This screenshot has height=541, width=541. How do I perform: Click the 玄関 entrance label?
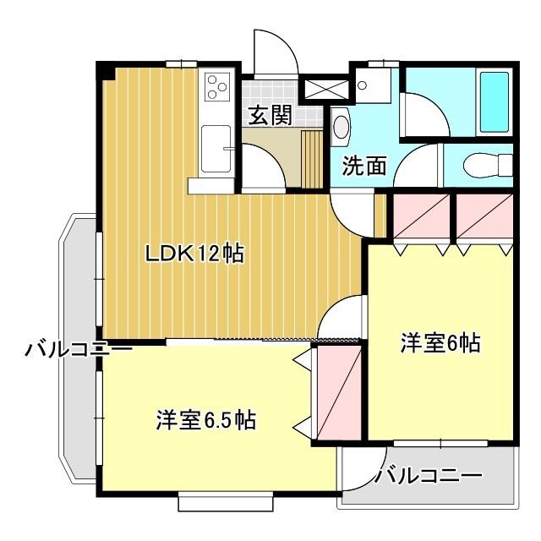click(x=270, y=115)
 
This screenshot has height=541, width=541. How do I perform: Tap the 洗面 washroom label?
click(x=363, y=166)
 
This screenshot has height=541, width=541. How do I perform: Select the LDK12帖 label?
click(x=195, y=254)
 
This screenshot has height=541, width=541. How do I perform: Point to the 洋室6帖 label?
click(x=440, y=342)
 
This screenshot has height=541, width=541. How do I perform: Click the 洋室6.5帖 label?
click(x=206, y=420)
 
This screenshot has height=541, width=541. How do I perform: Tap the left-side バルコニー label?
click(x=79, y=349)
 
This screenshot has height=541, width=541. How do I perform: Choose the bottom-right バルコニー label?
click(x=429, y=477)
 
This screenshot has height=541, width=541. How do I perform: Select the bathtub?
click(x=495, y=102)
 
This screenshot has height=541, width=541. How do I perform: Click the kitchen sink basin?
click(x=216, y=149)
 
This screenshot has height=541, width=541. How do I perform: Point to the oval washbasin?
click(x=342, y=127)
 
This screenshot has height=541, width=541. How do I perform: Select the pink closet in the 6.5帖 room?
click(x=339, y=392)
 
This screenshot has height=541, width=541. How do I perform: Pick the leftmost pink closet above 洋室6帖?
click(x=421, y=216)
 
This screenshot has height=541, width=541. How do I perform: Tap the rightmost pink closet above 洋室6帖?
click(x=484, y=216)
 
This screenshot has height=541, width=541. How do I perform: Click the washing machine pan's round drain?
click(x=362, y=85)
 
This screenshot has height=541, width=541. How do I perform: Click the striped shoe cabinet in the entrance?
click(x=312, y=159)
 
